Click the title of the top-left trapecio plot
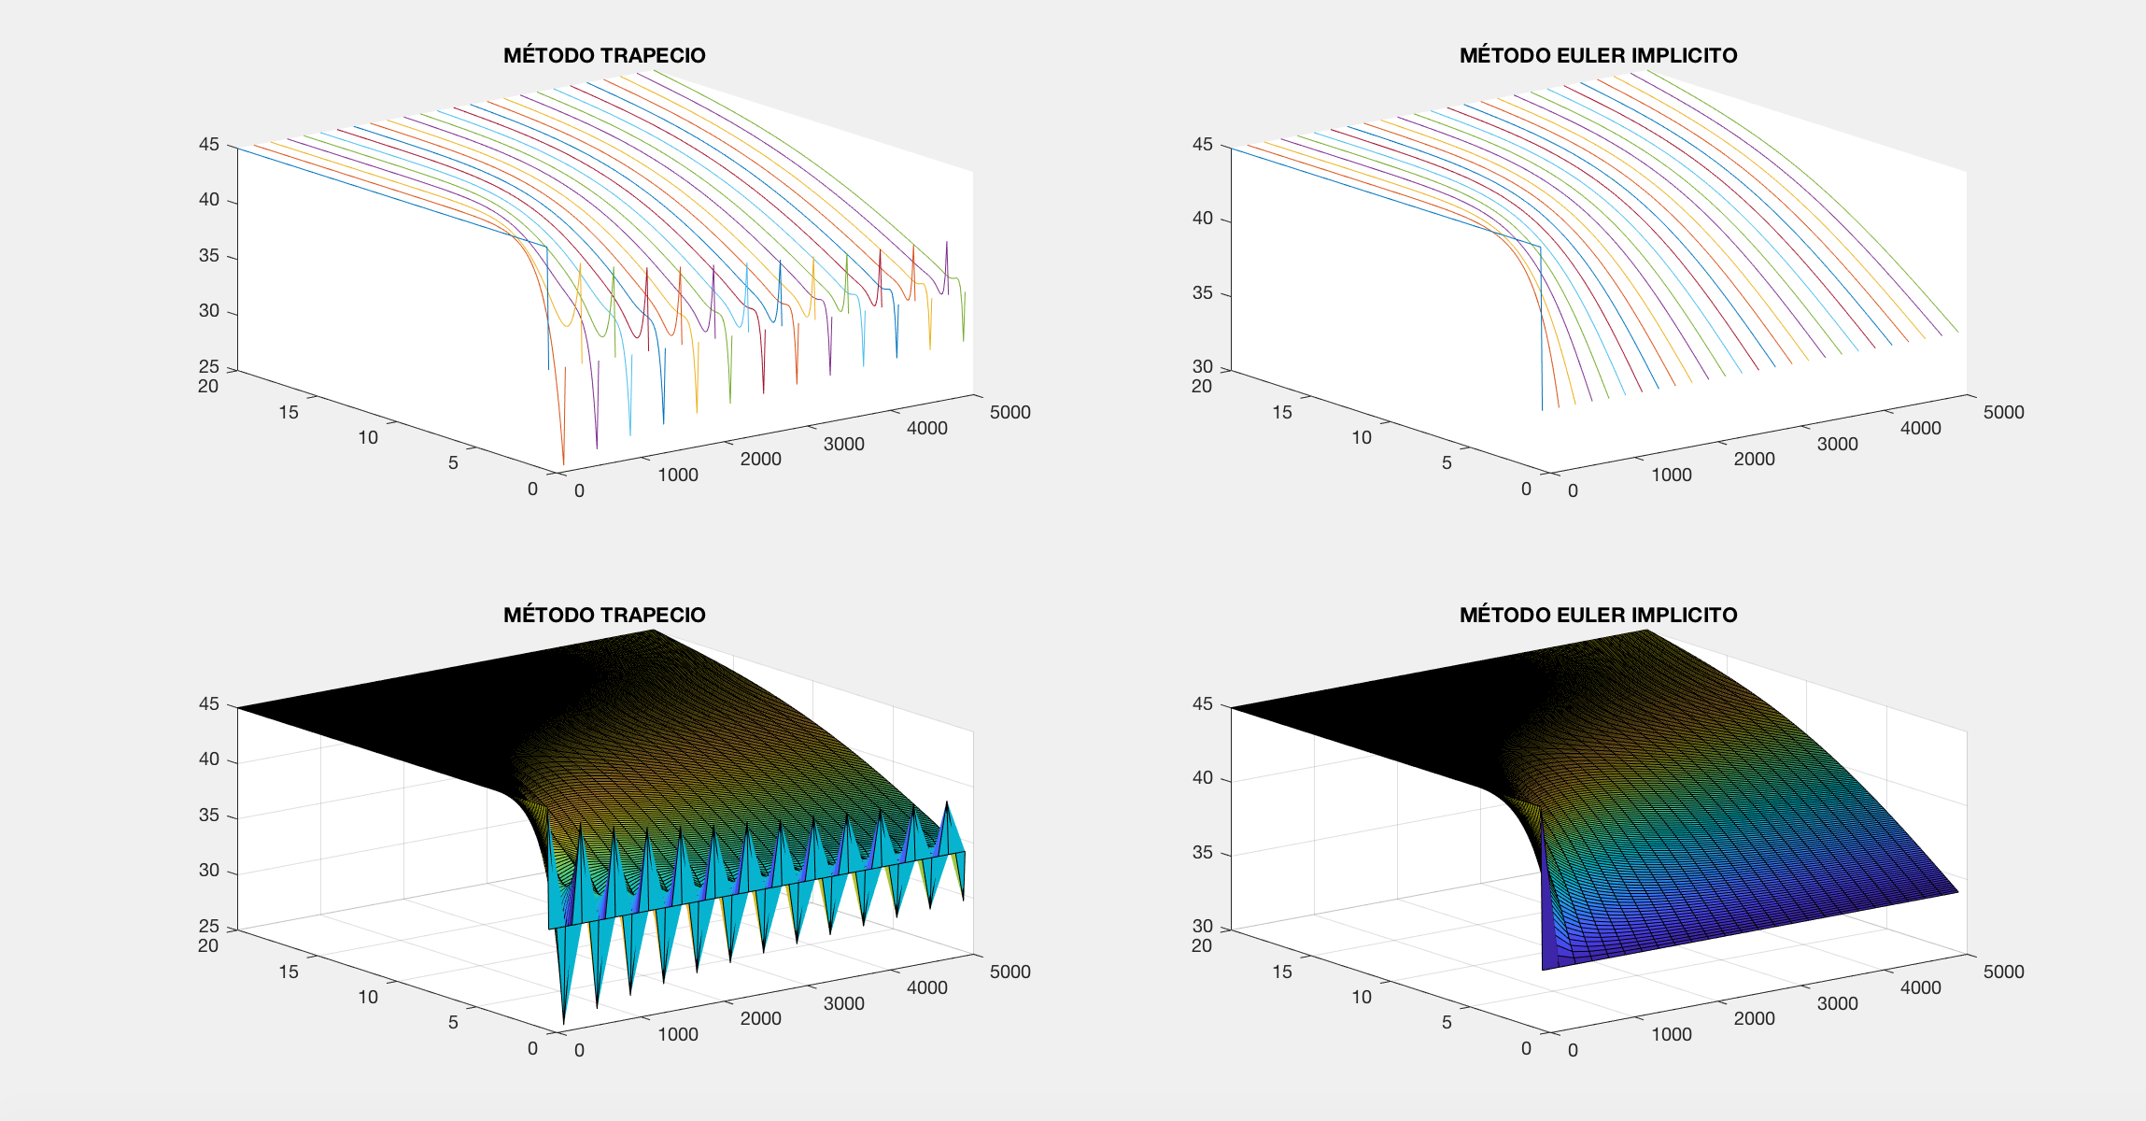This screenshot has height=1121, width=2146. coord(604,55)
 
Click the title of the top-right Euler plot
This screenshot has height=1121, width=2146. coord(1598,55)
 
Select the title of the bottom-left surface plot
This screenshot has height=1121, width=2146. coord(604,615)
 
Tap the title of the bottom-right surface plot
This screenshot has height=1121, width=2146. coord(1598,615)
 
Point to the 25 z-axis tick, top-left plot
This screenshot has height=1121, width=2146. coord(208,366)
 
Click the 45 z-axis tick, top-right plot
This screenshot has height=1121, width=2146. coord(1202,145)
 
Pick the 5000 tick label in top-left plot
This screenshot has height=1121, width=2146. coord(1010,412)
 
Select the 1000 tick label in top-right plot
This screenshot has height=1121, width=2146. coord(1672,475)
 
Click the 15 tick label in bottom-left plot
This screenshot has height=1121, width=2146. coord(289,972)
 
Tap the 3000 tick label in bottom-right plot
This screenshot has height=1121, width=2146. coord(1838,1003)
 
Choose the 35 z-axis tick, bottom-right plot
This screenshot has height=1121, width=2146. coord(1202,853)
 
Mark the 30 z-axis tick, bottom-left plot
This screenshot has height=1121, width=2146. coord(208,871)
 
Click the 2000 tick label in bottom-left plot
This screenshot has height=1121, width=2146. coord(761,1018)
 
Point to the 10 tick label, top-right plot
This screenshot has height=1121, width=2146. coord(1362,437)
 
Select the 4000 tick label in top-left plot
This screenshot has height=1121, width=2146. coord(927,428)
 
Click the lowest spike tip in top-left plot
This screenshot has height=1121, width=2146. coord(563,463)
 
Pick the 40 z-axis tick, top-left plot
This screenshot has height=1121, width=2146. coord(208,200)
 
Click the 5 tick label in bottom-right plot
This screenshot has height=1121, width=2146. coord(1447,1022)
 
